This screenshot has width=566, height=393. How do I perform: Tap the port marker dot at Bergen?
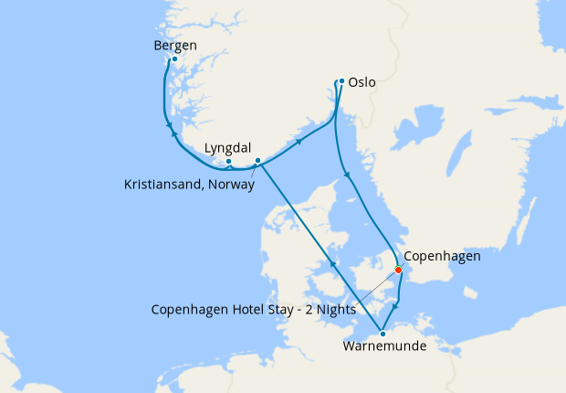tap(174, 59)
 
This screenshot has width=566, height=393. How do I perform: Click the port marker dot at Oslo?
tap(341, 81)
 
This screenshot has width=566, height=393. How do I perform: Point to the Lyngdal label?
tap(228, 146)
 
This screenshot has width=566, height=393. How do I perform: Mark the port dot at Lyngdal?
tap(228, 162)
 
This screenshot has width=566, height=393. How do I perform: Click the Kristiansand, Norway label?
tap(189, 184)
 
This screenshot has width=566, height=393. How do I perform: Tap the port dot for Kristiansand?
tap(257, 161)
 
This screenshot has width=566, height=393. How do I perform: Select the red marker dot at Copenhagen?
tap(398, 270)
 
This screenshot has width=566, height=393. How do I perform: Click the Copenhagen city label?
tap(442, 256)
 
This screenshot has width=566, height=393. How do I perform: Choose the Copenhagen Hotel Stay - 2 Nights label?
tap(253, 309)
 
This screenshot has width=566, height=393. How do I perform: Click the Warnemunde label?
tap(390, 346)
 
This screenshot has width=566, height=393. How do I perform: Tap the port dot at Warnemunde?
tap(383, 334)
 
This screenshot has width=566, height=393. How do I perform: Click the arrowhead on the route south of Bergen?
tap(168, 128)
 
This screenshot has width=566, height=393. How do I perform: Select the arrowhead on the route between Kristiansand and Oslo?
tap(299, 142)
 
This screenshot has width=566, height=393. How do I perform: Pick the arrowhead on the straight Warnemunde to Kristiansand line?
tap(333, 264)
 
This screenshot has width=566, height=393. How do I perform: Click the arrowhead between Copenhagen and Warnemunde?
tap(393, 306)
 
